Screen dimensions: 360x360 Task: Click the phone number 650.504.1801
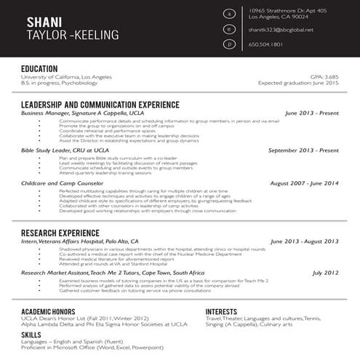(x=265, y=44)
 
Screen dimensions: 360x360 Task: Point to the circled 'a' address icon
(x=230, y=14)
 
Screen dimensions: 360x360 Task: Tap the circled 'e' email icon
(x=230, y=29)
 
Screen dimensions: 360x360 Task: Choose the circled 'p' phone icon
(x=230, y=44)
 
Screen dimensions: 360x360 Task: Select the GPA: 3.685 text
(x=324, y=76)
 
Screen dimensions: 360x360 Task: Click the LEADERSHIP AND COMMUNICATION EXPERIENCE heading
(x=100, y=105)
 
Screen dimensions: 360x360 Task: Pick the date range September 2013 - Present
(x=303, y=150)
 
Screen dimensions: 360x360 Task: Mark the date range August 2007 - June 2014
(x=304, y=183)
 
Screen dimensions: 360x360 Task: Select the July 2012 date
(x=325, y=273)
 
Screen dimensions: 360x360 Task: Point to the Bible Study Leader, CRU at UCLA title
(x=65, y=150)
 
